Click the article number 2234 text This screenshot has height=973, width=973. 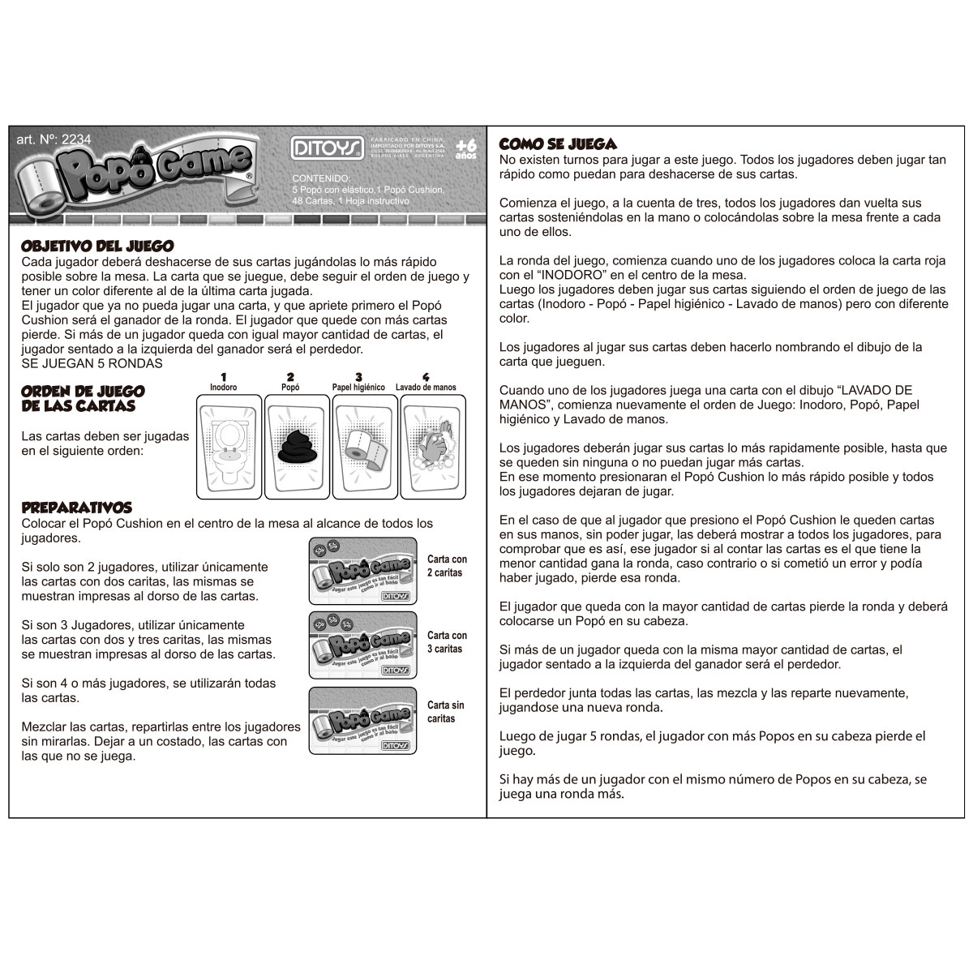pyautogui.click(x=54, y=139)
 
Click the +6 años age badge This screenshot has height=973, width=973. pyautogui.click(x=465, y=146)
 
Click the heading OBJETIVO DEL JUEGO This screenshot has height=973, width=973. pyautogui.click(x=97, y=246)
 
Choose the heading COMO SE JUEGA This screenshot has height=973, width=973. pyautogui.click(x=558, y=144)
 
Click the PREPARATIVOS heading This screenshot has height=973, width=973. pyautogui.click(x=77, y=508)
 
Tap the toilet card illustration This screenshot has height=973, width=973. pyautogui.click(x=229, y=446)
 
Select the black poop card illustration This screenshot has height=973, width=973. pyautogui.click(x=298, y=446)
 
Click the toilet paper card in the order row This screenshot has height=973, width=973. pyautogui.click(x=365, y=446)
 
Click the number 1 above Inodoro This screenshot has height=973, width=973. pyautogui.click(x=223, y=377)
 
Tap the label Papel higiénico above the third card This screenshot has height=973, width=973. pyautogui.click(x=358, y=388)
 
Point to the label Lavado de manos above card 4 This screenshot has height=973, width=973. pyautogui.click(x=426, y=388)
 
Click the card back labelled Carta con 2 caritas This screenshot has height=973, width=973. pyautogui.click(x=363, y=571)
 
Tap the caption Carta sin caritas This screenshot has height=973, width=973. pyautogui.click(x=445, y=712)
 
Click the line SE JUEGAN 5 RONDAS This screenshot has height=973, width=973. pyautogui.click(x=92, y=363)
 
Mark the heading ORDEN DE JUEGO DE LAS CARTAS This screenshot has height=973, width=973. pyautogui.click(x=83, y=399)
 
